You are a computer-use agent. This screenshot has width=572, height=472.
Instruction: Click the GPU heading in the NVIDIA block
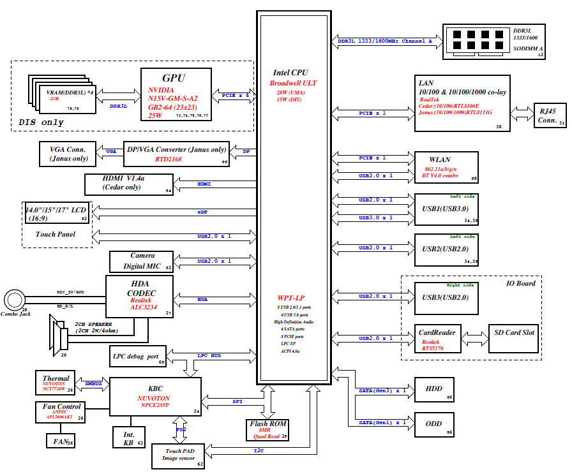[x=173, y=78]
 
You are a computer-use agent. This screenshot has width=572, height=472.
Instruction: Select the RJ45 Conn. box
[x=546, y=114]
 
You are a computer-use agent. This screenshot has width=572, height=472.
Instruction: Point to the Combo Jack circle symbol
[x=13, y=299]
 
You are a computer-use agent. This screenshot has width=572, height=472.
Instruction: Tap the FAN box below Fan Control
[x=62, y=441]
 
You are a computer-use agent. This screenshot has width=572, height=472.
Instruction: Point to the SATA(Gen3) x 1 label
[x=382, y=390]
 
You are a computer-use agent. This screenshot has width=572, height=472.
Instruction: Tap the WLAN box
[x=446, y=168]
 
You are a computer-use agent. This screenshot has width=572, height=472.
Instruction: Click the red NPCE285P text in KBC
[x=154, y=404]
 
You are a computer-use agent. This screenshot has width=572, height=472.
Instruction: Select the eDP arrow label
[x=203, y=211]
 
